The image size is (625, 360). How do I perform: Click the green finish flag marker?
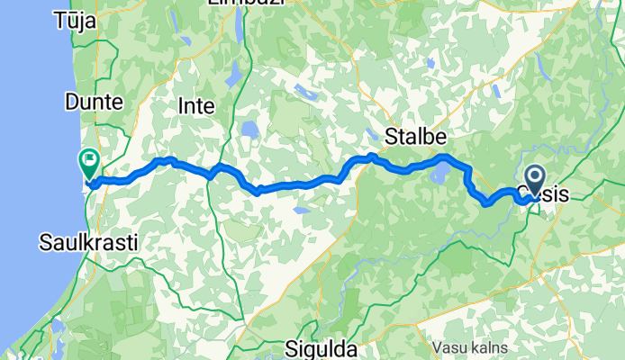(x=89, y=163)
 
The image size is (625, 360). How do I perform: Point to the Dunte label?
(x=94, y=103)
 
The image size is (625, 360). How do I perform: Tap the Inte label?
(x=197, y=105)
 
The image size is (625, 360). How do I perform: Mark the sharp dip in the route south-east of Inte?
(x=257, y=191)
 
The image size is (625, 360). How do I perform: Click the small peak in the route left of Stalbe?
(x=371, y=156)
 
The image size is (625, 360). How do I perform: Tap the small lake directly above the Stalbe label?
(x=430, y=65)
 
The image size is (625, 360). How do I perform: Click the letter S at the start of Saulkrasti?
(x=45, y=241)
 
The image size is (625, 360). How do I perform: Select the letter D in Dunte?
(x=71, y=103)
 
